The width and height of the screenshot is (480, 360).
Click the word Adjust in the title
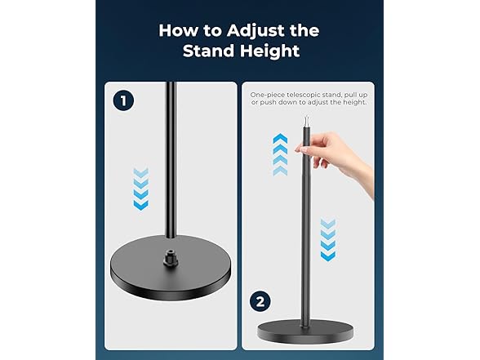coord(256,31)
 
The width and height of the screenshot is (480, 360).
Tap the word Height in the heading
coord(269,51)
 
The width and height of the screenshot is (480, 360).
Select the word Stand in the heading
coord(209,51)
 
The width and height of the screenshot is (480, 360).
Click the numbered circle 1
coord(123,100)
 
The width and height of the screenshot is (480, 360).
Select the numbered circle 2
coord(260,301)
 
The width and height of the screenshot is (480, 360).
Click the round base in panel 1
coord(171,267)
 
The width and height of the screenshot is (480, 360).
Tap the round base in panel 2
coord(305,331)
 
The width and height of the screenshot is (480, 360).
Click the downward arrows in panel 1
coord(140,189)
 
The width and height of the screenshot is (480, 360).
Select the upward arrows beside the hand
coord(280,154)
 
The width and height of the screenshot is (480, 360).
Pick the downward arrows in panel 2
coord(328,240)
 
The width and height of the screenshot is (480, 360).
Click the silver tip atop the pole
coord(306,121)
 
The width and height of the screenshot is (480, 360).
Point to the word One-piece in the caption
coord(268,95)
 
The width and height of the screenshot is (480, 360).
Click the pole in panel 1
coord(171,159)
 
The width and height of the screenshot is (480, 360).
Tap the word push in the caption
coord(267,103)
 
